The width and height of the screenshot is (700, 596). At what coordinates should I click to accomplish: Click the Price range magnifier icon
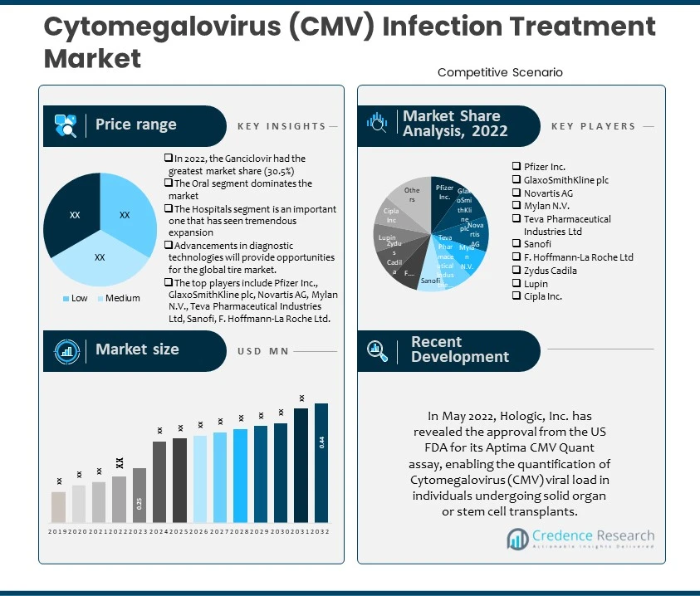tap(66, 125)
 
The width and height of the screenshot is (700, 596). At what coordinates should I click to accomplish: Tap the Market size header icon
tap(66, 350)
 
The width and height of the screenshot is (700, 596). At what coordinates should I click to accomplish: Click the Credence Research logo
tap(580, 540)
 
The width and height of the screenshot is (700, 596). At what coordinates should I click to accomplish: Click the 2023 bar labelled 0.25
tap(140, 496)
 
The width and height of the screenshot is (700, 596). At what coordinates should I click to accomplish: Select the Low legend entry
tap(76, 298)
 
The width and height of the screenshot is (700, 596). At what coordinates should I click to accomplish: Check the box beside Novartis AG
tap(516, 193)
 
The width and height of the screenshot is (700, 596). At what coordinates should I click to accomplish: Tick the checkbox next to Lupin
tap(516, 283)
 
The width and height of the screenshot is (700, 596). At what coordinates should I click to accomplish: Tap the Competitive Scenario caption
tap(500, 72)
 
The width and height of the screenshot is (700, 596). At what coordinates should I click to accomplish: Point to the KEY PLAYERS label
tap(593, 126)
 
